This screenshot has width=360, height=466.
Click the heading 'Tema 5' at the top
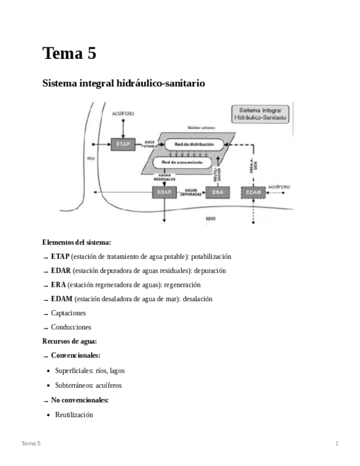tap(69, 53)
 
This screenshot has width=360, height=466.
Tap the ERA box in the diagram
tap(217, 192)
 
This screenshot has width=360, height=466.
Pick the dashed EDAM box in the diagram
tap(253, 192)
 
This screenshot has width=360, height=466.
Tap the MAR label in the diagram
tap(211, 218)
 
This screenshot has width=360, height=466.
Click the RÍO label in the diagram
tap(91, 158)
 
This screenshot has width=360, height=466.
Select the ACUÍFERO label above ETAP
tap(123, 113)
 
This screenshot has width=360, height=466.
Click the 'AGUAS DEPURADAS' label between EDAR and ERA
tap(191, 192)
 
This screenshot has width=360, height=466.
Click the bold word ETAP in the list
tap(60, 257)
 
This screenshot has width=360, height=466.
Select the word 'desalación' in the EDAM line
tap(197, 299)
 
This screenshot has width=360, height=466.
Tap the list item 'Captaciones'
tap(68, 313)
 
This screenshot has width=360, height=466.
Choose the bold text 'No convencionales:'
tap(80, 400)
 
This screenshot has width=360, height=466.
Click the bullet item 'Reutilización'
tap(74, 414)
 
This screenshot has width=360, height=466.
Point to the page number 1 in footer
tap(337, 443)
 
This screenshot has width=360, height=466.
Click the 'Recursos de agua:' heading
tap(70, 341)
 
